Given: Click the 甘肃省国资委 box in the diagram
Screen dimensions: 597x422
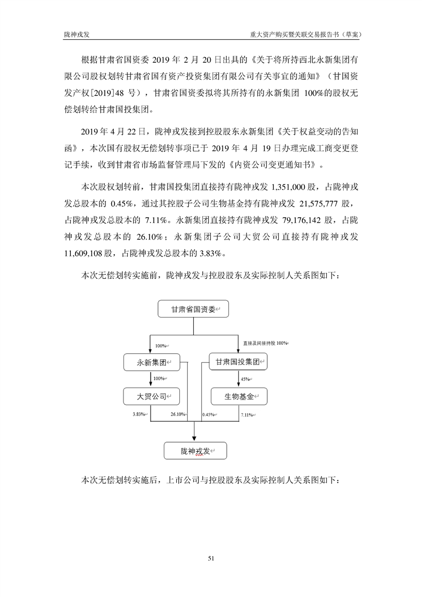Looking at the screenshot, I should pyautogui.click(x=193, y=309).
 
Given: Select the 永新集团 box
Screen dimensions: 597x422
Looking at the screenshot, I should pyautogui.click(x=151, y=362).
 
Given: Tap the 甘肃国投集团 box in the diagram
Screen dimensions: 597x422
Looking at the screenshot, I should pyautogui.click(x=238, y=362).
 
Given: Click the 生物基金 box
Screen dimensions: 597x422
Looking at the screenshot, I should pyautogui.click(x=238, y=396).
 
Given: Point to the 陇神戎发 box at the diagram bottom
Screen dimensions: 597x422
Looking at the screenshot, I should pyautogui.click(x=195, y=451).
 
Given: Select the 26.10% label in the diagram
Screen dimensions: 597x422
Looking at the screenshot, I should pyautogui.click(x=178, y=414).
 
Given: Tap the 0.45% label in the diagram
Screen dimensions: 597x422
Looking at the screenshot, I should pyautogui.click(x=208, y=414).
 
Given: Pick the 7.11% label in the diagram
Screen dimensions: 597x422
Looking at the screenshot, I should pyautogui.click(x=246, y=414).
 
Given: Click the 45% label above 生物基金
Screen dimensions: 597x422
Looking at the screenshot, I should pyautogui.click(x=245, y=379).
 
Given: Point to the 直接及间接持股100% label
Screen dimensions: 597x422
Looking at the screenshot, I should pyautogui.click(x=264, y=343).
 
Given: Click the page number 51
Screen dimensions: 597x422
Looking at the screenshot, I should pyautogui.click(x=211, y=559).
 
